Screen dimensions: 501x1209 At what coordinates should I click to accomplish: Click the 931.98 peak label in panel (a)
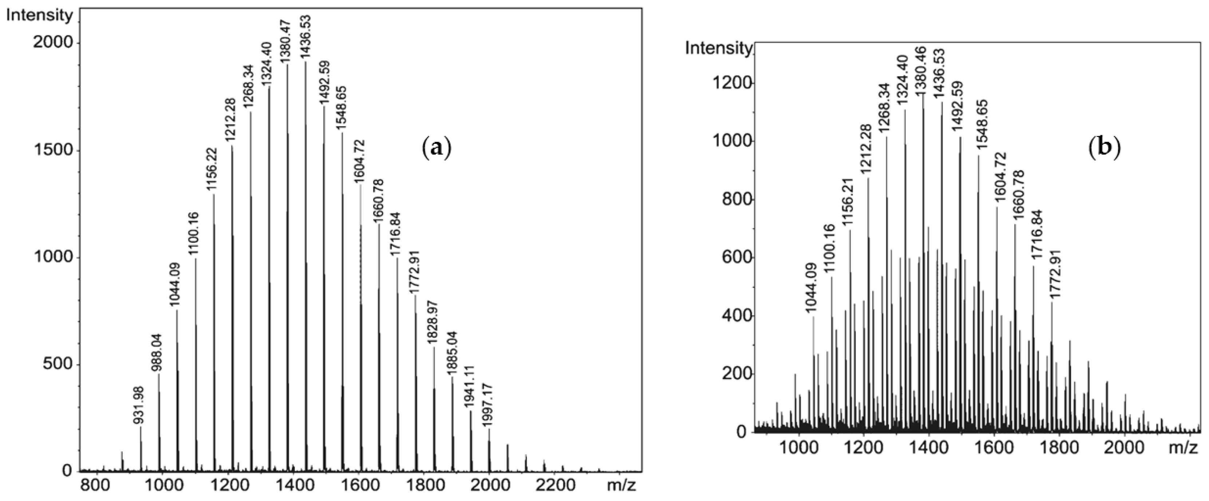click(139, 406)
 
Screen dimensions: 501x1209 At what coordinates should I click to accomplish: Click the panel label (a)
click(436, 148)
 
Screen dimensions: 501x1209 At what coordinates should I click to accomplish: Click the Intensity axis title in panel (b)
click(718, 48)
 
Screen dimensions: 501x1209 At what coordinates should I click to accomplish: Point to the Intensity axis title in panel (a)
click(39, 16)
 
